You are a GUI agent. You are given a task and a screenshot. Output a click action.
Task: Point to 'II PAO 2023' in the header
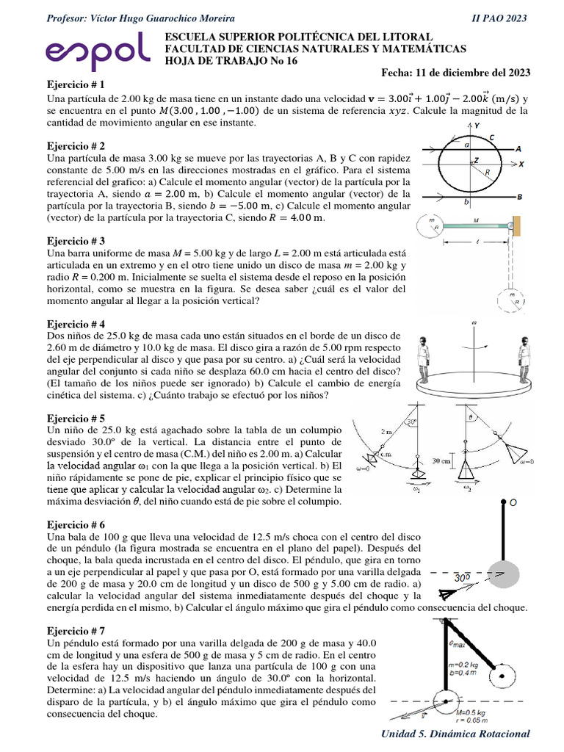click(502, 18)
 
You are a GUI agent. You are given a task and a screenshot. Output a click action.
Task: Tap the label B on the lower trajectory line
click(518, 197)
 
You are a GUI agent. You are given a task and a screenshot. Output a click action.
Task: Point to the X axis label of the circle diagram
click(521, 164)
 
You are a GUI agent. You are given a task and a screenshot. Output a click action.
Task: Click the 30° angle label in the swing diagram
click(413, 422)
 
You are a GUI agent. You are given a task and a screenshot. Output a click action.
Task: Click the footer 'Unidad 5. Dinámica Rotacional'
click(455, 734)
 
